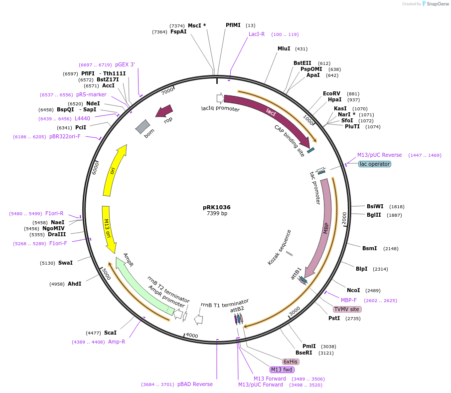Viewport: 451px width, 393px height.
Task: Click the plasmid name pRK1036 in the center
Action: coord(217,207)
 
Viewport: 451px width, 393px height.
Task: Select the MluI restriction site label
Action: coord(284,49)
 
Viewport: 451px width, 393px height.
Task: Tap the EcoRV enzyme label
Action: coord(331,94)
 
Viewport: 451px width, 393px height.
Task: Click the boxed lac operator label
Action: coord(375,164)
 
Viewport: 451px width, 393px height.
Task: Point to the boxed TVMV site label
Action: coord(347,309)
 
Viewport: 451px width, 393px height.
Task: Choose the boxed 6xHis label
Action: coord(291,362)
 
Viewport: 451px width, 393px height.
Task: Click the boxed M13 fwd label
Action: coord(282,370)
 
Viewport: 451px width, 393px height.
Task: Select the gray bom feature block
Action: coord(143,126)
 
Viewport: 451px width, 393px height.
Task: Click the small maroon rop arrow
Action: coord(164,111)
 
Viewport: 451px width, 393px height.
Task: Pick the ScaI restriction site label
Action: coord(110,333)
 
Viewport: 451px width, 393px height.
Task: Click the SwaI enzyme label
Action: coord(65,263)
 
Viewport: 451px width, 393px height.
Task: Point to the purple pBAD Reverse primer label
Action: coord(195,385)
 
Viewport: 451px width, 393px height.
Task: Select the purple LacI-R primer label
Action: coord(257,34)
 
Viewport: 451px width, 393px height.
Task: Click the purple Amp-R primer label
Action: coord(117,342)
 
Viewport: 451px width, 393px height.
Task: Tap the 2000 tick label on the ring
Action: coord(344,218)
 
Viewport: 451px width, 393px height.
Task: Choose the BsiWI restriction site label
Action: coord(375,206)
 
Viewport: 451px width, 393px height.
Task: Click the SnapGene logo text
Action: coord(437,4)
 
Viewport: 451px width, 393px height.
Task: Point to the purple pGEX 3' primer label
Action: coord(125,64)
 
